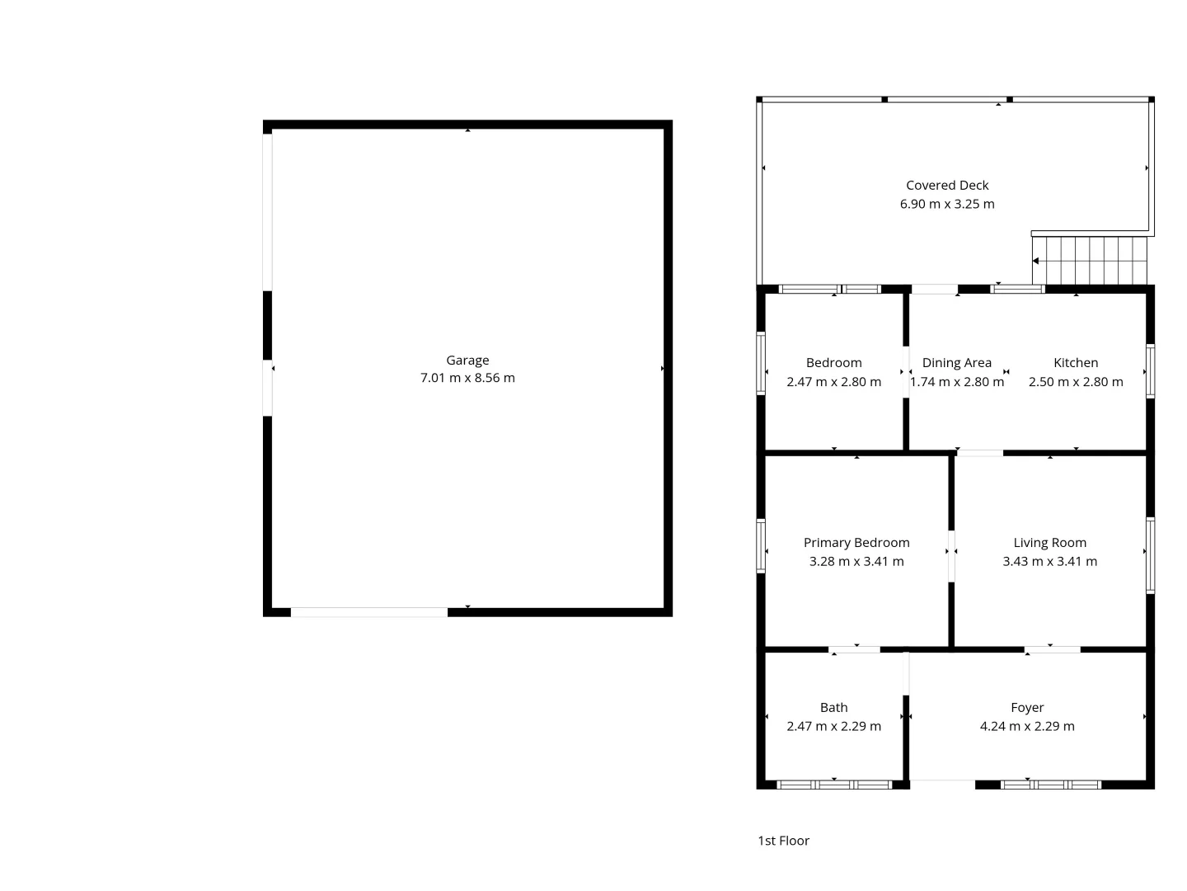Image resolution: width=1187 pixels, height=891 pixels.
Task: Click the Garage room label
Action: point(467,361)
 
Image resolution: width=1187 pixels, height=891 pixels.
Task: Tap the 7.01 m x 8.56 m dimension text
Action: point(467,379)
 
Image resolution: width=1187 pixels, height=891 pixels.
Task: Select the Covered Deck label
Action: point(947,186)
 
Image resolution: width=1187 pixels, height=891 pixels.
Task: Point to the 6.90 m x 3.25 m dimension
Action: point(947,205)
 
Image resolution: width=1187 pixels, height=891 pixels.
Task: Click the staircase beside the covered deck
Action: point(1090,260)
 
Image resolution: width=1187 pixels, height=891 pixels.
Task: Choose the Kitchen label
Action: point(1076,363)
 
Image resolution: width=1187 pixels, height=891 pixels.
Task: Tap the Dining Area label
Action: point(956,363)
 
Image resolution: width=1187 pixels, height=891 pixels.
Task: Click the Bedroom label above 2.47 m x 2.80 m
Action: point(833,363)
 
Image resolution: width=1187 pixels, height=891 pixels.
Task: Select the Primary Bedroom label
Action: point(856,543)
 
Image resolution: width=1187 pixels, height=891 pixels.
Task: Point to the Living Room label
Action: point(1049,543)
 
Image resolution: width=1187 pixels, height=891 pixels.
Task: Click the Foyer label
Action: point(1027,708)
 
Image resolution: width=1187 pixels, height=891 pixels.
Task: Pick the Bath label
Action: point(833,708)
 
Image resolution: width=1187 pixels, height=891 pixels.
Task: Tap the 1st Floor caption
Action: point(783,841)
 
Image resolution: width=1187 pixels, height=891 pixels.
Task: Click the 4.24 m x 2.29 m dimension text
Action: point(1027,727)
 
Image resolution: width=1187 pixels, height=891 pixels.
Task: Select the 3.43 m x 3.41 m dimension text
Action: point(1049,562)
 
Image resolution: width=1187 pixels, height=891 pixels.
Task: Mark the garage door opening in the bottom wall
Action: point(369,612)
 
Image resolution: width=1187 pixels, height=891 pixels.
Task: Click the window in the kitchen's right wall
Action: point(1151,371)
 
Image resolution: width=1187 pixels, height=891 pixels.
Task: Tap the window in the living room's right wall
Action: point(1151,555)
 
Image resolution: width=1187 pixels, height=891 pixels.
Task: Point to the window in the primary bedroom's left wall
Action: point(761,545)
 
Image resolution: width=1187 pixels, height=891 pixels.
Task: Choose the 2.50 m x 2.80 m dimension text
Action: point(1076,382)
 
